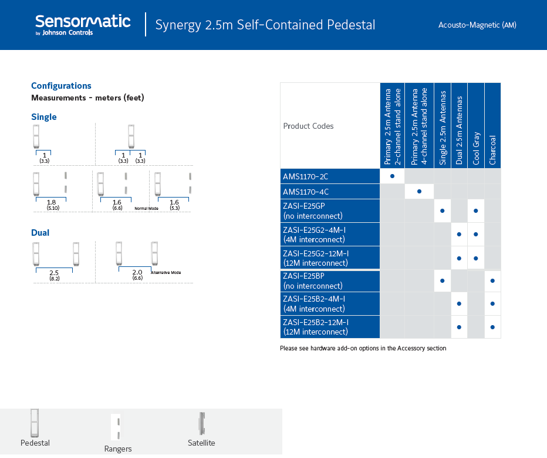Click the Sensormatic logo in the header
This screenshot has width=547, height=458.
click(x=83, y=25)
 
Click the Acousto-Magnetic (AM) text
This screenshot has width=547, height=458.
click(x=477, y=25)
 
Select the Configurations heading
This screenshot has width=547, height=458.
click(x=61, y=86)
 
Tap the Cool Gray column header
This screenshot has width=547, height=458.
click(x=476, y=148)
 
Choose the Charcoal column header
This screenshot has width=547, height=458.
click(x=492, y=150)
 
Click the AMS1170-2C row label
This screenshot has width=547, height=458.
click(x=306, y=176)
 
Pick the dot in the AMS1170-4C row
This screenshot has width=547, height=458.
click(x=419, y=191)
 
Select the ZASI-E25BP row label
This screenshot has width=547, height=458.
click(x=304, y=276)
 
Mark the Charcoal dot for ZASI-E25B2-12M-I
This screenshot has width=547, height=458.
click(x=492, y=327)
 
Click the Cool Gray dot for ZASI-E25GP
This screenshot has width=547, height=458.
click(x=476, y=210)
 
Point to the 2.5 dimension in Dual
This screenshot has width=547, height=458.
click(x=54, y=272)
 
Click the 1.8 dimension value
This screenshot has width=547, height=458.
click(x=51, y=202)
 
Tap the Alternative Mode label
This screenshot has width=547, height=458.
click(x=166, y=272)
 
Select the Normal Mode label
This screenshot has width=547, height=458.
click(x=147, y=208)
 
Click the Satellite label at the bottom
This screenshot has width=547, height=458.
click(x=201, y=443)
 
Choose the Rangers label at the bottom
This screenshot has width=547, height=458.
click(x=118, y=449)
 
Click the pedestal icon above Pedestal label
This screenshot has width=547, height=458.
click(x=34, y=423)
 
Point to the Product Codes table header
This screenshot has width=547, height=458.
click(x=308, y=126)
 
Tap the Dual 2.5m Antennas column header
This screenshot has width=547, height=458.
click(x=459, y=131)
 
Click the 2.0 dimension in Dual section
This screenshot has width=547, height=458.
click(x=137, y=272)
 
